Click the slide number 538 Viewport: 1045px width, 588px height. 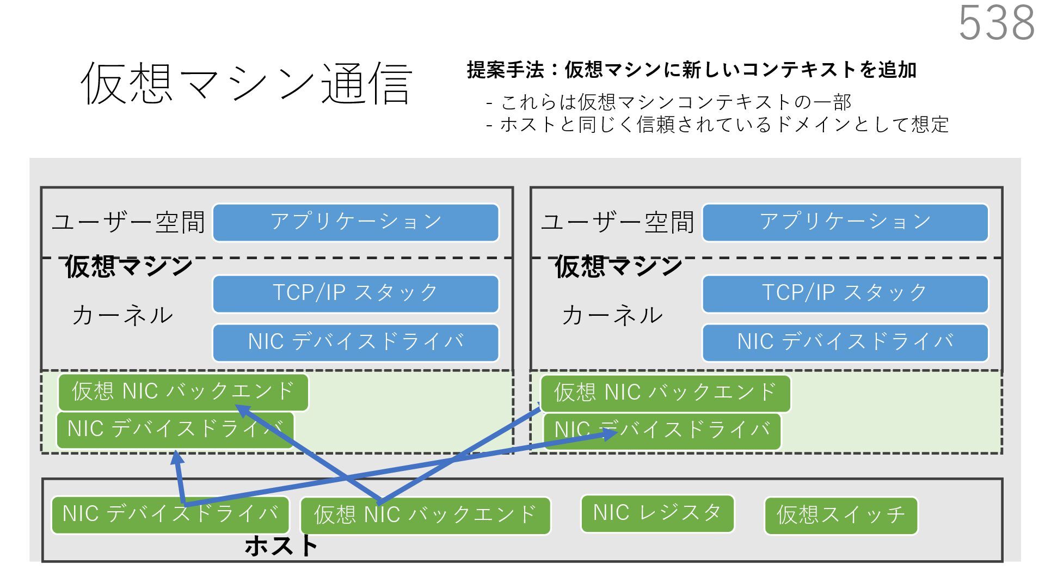(x=995, y=23)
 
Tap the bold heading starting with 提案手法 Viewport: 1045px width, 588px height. (x=691, y=70)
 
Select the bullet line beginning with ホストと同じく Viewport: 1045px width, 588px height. (x=717, y=125)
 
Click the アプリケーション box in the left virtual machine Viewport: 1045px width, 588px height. (x=355, y=222)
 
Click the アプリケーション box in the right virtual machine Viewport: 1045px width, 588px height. (x=845, y=222)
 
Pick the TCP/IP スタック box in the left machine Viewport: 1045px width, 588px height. (x=355, y=293)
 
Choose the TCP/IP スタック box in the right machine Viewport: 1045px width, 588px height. (x=845, y=293)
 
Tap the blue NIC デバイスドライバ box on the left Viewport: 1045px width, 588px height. (x=355, y=342)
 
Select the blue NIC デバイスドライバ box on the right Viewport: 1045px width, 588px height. (x=845, y=342)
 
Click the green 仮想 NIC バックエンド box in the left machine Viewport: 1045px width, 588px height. (x=183, y=392)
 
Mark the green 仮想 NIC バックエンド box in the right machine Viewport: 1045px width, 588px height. (x=665, y=393)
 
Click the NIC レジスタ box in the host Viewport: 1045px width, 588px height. (x=657, y=513)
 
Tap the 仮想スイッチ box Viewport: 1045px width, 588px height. (x=840, y=515)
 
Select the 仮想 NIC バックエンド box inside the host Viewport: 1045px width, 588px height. (x=425, y=515)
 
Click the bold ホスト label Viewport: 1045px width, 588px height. (x=281, y=546)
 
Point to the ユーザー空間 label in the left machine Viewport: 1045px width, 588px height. (x=128, y=222)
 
